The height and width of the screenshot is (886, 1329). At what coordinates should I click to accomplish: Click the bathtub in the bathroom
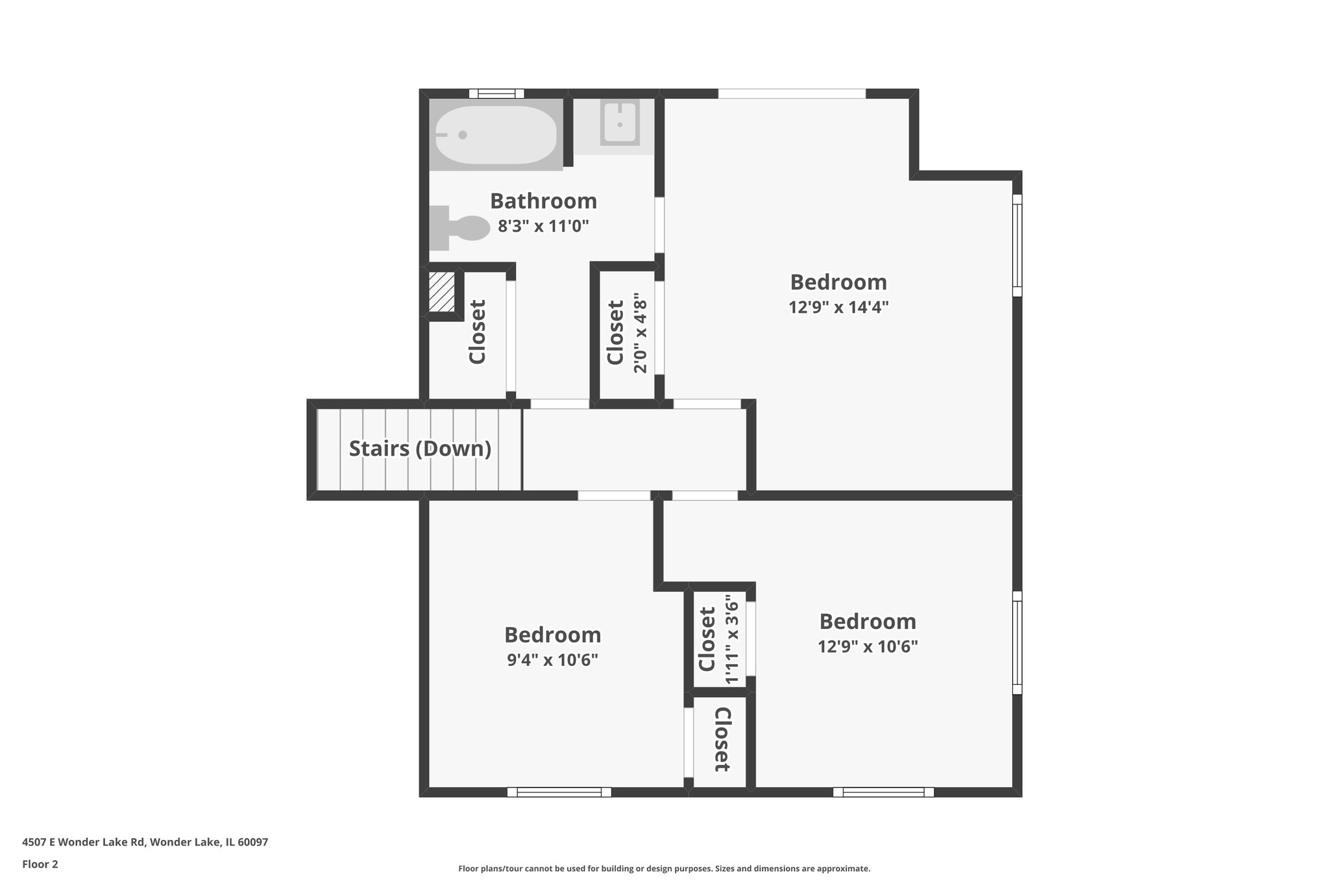(x=496, y=135)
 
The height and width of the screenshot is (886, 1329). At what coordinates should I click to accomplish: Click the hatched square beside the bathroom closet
(x=441, y=291)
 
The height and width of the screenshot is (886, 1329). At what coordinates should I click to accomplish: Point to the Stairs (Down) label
(x=420, y=449)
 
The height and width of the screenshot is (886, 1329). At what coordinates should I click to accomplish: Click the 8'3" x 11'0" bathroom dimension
(x=543, y=227)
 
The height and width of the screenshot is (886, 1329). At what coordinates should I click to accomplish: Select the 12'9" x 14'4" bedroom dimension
(x=838, y=307)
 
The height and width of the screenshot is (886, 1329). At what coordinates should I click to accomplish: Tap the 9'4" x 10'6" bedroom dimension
(x=552, y=660)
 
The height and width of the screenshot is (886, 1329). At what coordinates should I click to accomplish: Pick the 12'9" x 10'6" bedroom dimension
(x=868, y=646)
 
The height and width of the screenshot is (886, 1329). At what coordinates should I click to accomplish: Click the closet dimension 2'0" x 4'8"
(x=640, y=334)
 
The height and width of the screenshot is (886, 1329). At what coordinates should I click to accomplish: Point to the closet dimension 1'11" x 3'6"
(x=732, y=639)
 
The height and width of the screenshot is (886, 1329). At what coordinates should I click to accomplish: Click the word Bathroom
(x=543, y=201)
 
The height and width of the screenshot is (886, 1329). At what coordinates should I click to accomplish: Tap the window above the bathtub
(x=496, y=93)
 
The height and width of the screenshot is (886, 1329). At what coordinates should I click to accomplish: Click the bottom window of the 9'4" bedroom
(x=559, y=792)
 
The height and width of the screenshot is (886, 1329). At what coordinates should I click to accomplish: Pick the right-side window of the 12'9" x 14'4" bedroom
(x=1017, y=245)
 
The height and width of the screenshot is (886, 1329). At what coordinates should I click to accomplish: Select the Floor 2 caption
(x=40, y=864)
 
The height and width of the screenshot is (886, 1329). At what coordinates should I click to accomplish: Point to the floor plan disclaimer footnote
(x=664, y=868)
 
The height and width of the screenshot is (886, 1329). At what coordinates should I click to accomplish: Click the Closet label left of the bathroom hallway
(x=478, y=332)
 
